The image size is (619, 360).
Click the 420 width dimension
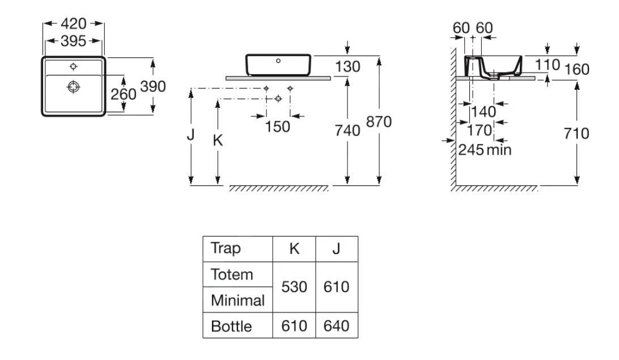tap(74, 24)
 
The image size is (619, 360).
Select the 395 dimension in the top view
tap(74, 41)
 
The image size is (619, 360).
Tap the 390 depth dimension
tap(152, 87)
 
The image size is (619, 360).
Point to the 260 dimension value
tap(123, 94)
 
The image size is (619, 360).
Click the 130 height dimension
tap(347, 67)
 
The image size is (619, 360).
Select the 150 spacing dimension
tap(278, 126)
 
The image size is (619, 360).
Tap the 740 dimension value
tap(347, 131)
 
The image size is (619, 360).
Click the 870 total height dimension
tap(379, 122)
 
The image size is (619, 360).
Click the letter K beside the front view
tap(218, 141)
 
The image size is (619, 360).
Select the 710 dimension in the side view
tap(577, 134)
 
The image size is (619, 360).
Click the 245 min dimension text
tap(485, 150)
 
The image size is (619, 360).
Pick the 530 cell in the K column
tap(294, 287)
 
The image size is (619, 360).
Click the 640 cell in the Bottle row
tap(337, 327)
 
